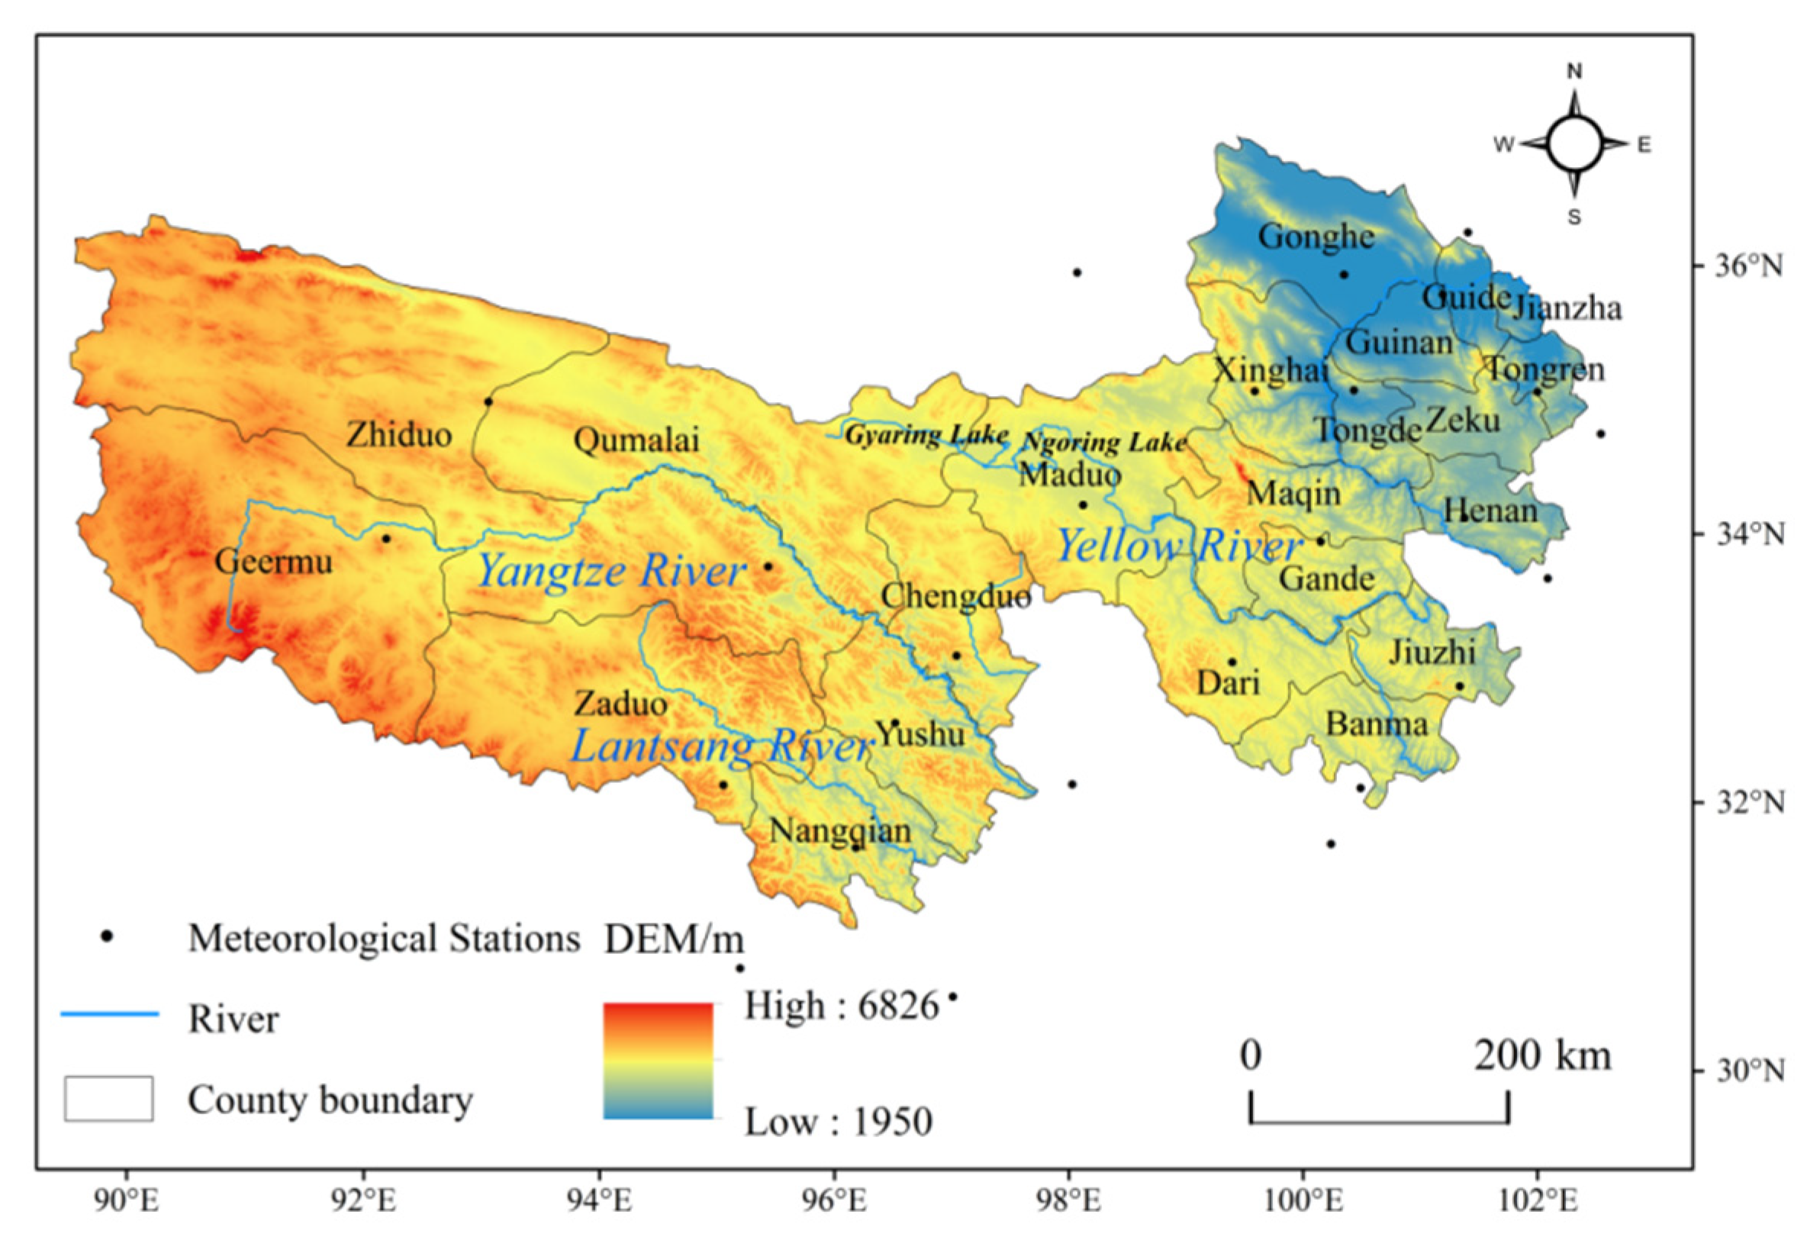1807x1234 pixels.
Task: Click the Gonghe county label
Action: pyautogui.click(x=1316, y=237)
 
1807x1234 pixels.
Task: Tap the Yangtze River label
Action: pyautogui.click(x=610, y=572)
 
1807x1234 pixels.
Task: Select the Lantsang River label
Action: pyautogui.click(x=722, y=746)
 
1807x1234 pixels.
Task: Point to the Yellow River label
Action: pyautogui.click(x=1178, y=546)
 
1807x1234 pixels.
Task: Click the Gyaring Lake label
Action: pyautogui.click(x=926, y=435)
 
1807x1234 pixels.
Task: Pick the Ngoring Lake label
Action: pyautogui.click(x=1103, y=443)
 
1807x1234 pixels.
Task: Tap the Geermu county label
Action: pyautogui.click(x=273, y=562)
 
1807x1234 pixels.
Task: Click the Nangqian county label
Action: pyautogui.click(x=839, y=831)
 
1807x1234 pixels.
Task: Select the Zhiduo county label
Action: pyautogui.click(x=399, y=435)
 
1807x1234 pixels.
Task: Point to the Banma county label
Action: pyautogui.click(x=1377, y=725)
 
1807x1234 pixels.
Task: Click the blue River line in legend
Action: pyautogui.click(x=110, y=1014)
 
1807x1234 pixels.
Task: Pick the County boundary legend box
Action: pyautogui.click(x=108, y=1099)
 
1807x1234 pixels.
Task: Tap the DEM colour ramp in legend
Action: pyautogui.click(x=658, y=1061)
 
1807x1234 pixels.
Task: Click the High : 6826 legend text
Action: pyautogui.click(x=841, y=1006)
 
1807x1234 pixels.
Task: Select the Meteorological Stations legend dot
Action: pyautogui.click(x=108, y=937)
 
